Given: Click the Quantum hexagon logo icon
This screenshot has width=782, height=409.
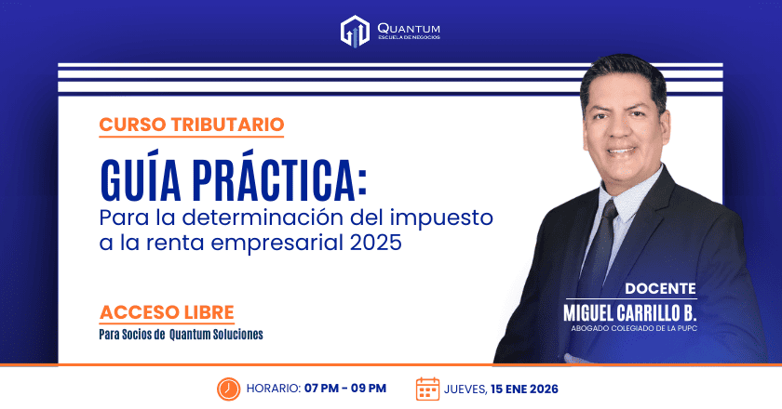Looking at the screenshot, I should [x=355, y=31].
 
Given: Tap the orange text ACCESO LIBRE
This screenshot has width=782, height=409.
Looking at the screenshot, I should [x=167, y=311].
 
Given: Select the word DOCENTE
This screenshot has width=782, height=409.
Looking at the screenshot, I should [x=660, y=288].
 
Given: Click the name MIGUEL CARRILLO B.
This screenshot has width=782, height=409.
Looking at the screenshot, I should [x=630, y=310].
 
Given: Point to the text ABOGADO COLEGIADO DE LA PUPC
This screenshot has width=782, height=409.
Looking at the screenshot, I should [x=634, y=327].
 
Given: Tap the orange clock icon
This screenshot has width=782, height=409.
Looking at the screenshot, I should [x=228, y=388].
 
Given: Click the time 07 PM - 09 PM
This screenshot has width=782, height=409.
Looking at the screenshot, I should [x=344, y=389].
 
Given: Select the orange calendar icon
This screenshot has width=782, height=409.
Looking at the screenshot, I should [x=427, y=388].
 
